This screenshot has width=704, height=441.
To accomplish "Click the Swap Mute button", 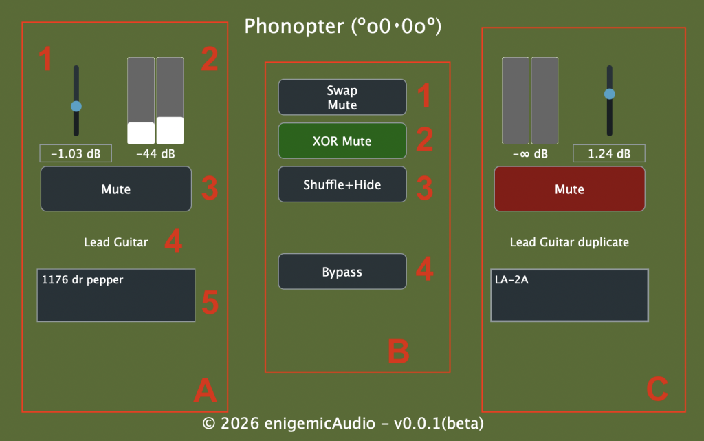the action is point(342,97).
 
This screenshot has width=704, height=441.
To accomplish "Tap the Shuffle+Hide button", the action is point(342,184).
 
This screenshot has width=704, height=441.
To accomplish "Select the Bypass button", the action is point(342,272).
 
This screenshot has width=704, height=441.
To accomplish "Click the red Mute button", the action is point(569,189).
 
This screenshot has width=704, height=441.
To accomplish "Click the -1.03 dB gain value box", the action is point(76,153).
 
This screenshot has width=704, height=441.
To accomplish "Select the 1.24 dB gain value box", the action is point(609,153).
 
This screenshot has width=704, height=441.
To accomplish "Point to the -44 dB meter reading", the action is point(155,153).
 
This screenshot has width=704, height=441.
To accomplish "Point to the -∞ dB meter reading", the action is point(530,153).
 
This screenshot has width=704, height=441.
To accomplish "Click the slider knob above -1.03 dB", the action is point(76,107).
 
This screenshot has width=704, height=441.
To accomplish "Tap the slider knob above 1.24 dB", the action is point(609,94).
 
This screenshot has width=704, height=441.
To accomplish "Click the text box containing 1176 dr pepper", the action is point(115,296).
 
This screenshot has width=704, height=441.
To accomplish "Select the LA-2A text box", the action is point(569,296).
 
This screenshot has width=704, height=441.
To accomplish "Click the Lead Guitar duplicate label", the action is point(569,242).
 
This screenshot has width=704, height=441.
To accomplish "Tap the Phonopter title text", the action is point(343,26).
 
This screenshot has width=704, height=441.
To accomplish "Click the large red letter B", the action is point(399,351).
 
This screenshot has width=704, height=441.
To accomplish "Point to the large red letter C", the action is point(657,389).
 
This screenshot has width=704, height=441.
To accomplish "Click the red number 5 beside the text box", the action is point(210,302).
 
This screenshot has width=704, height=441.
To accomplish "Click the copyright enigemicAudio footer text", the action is point(343,424).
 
